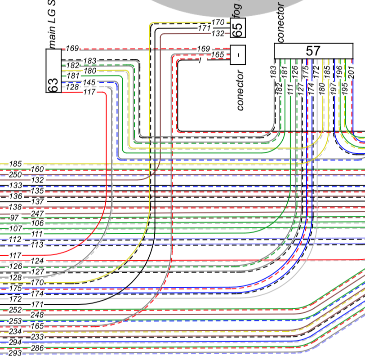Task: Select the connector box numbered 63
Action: point(53,71)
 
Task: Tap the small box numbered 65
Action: point(238,28)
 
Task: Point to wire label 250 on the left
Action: point(15,174)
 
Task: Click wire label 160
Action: point(38,169)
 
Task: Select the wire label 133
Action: point(15,185)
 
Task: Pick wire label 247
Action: point(38,213)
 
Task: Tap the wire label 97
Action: point(14,218)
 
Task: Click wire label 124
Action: point(38,261)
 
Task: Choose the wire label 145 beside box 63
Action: point(89,82)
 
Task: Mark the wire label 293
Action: point(15,353)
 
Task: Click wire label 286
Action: point(38,348)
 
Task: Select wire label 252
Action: point(15,310)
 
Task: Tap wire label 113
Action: point(38,245)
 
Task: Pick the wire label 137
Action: point(38,202)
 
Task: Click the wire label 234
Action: point(15,332)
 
